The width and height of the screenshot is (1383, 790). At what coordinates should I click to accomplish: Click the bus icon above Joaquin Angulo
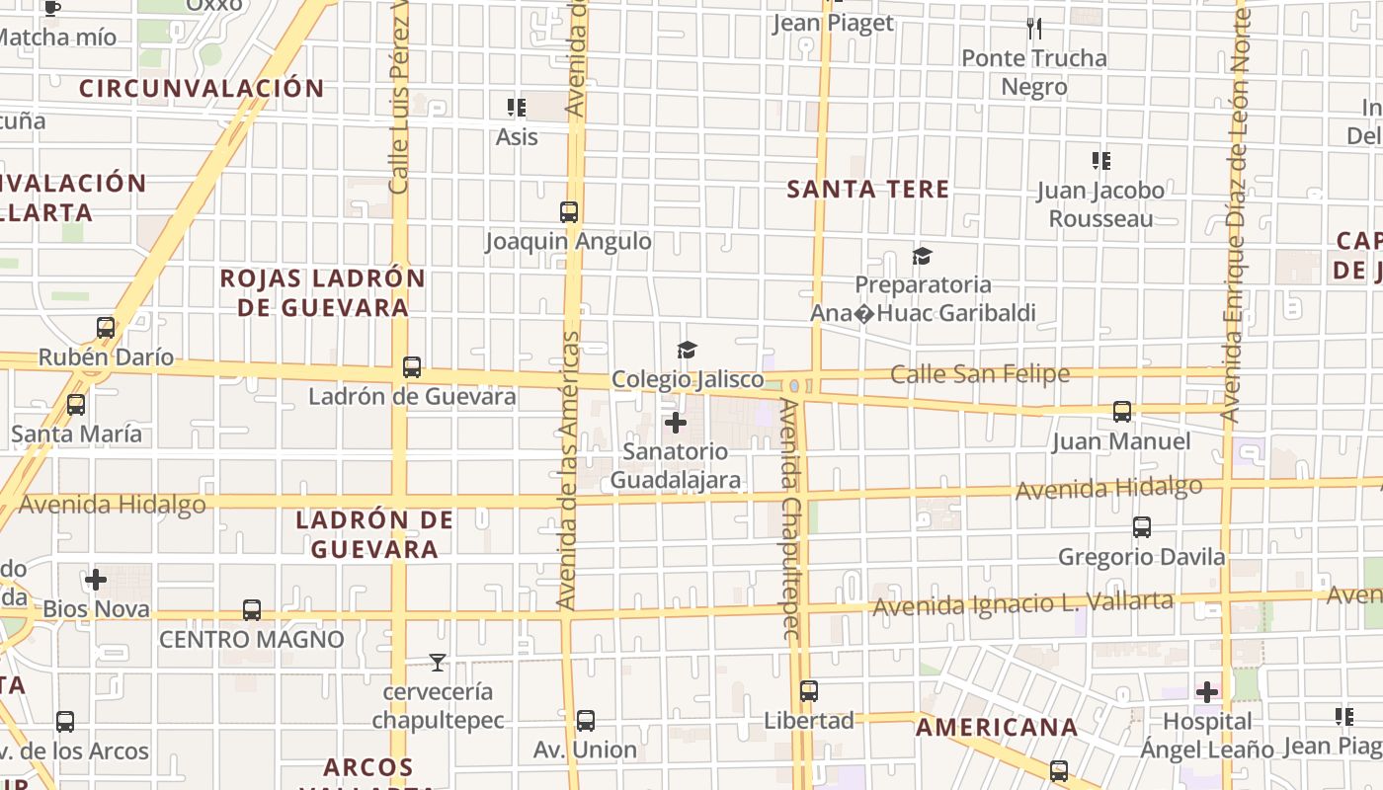coord(569,211)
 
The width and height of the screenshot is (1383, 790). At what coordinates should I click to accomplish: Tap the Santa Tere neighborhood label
coord(867,190)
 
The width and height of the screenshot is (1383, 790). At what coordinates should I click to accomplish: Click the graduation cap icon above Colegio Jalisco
coord(687,350)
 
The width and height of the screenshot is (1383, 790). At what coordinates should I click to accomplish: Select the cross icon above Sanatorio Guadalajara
coord(676,424)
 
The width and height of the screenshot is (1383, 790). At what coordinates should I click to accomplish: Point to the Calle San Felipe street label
coord(979,374)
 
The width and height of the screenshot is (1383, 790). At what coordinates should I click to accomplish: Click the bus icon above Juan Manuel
coord(1122,412)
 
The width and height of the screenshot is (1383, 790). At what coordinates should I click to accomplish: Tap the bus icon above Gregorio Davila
coord(1142,527)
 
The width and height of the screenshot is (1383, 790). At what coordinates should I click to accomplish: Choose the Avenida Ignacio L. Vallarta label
coord(1023,603)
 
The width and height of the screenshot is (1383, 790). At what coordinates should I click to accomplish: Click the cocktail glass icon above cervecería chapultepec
coord(438,662)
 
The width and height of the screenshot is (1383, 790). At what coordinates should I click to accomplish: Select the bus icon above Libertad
coord(809,691)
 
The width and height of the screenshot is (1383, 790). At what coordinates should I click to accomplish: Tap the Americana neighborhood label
coord(997,728)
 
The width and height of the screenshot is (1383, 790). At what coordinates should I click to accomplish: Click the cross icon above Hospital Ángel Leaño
coord(1207,691)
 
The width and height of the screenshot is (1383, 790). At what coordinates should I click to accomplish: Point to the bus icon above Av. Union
coord(586,721)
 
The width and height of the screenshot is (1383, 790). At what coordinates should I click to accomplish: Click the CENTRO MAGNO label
coord(252,640)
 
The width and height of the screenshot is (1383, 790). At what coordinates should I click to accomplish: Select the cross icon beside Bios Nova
coord(96,580)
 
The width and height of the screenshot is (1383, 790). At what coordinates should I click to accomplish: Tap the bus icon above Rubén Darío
coord(106,328)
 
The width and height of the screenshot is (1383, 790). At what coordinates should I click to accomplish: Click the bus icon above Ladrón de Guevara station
coord(412,367)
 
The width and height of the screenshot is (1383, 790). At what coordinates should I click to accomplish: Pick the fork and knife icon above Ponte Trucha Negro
coord(1034,29)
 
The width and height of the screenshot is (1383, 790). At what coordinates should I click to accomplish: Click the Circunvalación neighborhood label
coord(202,88)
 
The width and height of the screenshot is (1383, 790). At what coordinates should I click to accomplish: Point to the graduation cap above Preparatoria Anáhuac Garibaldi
coord(922,257)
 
